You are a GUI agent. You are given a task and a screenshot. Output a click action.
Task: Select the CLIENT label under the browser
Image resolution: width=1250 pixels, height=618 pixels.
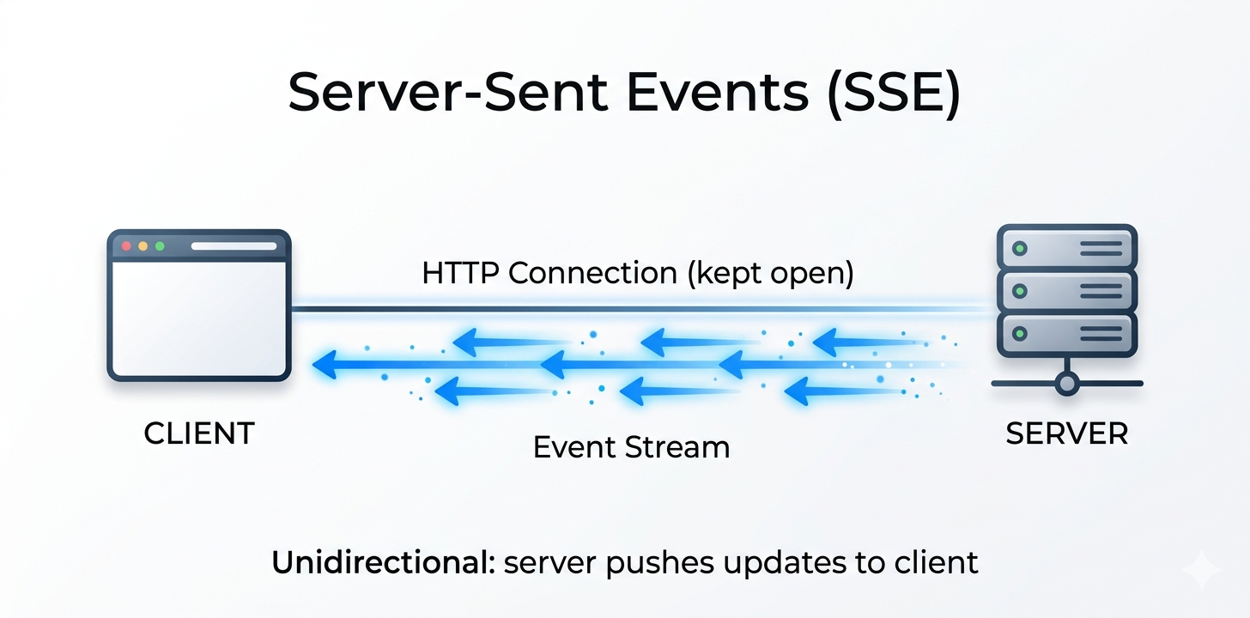coord(199,433)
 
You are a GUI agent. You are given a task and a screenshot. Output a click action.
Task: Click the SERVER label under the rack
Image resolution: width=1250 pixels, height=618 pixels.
coord(1066,433)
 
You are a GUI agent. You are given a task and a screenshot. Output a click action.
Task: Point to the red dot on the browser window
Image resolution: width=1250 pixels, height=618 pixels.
coord(127,246)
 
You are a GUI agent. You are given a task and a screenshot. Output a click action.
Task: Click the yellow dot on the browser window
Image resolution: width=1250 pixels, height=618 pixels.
coord(143,246)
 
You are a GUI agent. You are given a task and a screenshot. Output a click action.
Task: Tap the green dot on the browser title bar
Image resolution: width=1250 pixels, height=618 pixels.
coord(160,246)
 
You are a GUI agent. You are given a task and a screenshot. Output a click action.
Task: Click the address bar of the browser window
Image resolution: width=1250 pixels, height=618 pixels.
coord(234,246)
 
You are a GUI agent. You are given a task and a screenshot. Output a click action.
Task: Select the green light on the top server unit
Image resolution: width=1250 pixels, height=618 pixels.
coord(1020,249)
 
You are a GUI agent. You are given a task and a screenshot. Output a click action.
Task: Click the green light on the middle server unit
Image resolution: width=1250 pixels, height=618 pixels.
coord(1020,291)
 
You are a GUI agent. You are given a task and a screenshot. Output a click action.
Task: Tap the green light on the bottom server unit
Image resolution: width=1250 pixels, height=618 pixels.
coord(1020,333)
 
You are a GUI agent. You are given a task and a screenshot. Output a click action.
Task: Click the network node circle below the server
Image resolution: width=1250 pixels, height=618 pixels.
coord(1066,383)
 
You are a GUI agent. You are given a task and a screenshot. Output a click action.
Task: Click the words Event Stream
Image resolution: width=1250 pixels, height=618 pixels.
coord(631,447)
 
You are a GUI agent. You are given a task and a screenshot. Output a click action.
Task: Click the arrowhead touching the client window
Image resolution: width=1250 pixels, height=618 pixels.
coord(324,367)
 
